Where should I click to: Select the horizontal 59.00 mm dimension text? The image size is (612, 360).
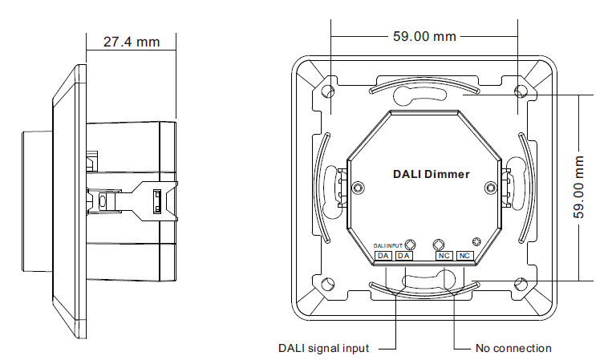424,36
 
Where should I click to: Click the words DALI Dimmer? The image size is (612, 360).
431,173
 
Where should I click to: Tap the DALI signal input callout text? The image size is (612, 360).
323,348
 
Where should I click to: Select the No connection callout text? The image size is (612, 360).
513,348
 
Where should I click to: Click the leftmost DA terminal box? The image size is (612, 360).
383,256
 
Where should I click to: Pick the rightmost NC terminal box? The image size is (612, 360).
464,256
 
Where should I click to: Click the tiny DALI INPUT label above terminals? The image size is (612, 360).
388,245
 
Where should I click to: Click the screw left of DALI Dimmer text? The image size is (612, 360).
358,188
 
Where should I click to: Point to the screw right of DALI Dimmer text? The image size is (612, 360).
491,188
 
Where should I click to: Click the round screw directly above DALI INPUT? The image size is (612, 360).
410,245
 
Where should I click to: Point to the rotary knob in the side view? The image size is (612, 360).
36,187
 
